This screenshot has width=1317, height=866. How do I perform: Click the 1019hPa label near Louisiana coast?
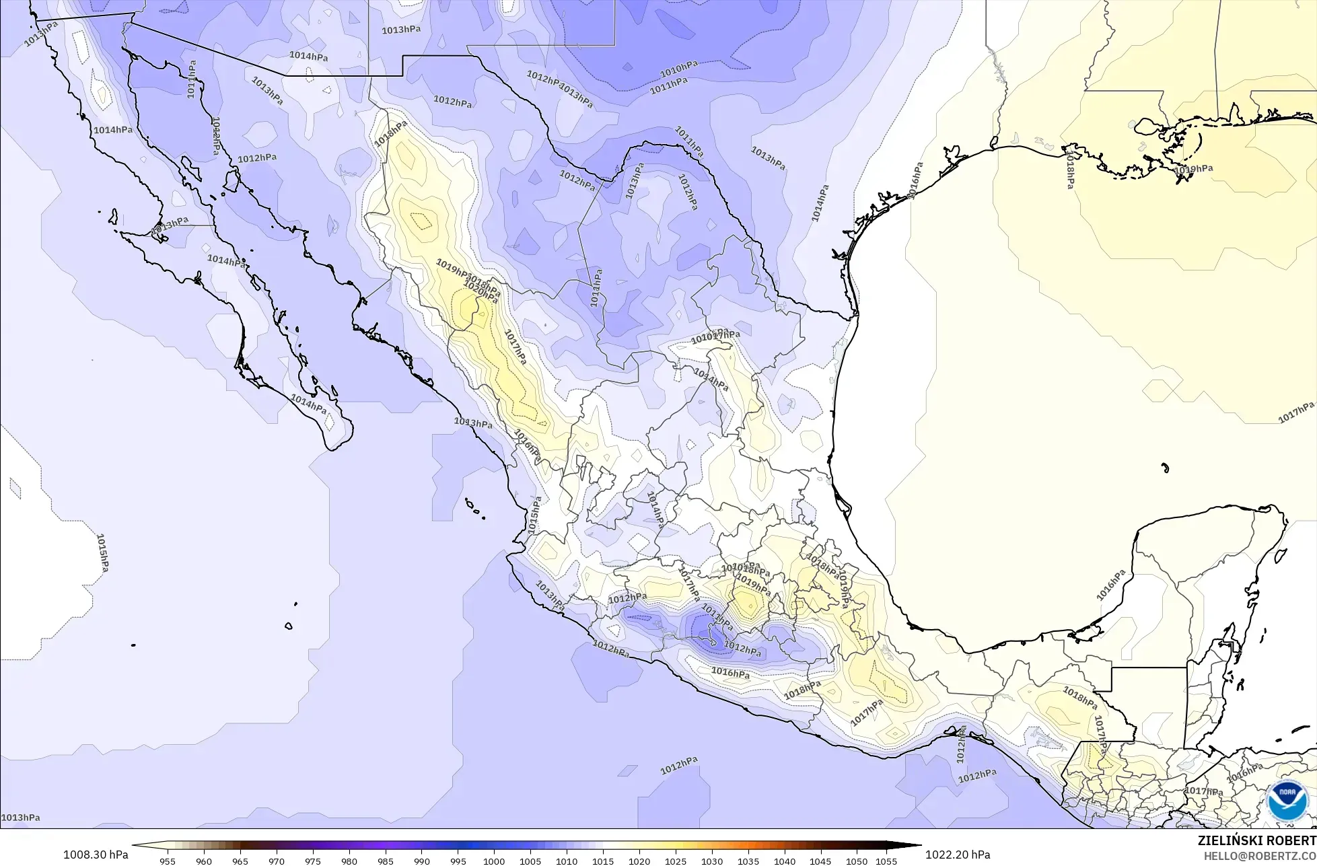pyautogui.click(x=1193, y=170)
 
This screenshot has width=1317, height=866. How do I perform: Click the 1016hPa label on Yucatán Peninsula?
pyautogui.click(x=1111, y=585)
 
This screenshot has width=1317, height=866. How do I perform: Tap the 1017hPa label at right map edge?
pyautogui.click(x=1296, y=412)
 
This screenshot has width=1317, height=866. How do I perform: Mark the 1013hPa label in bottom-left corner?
pyautogui.click(x=20, y=818)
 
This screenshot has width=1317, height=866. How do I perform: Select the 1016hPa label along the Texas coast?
pyautogui.click(x=914, y=180)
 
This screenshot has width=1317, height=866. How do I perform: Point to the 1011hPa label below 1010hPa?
pyautogui.click(x=669, y=85)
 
